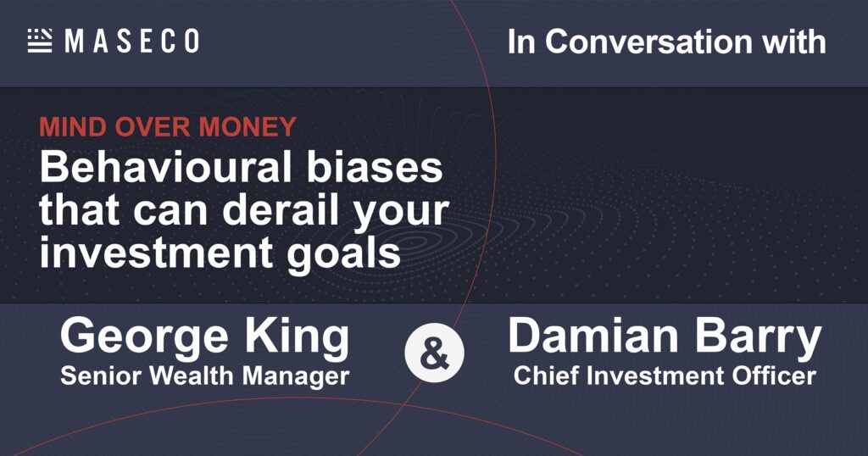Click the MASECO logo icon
tap(40, 41)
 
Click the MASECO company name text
tap(131, 42)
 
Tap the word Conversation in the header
tap(648, 42)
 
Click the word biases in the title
tap(375, 167)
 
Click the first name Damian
tap(593, 336)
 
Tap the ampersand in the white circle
tap(435, 354)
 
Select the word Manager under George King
tap(296, 377)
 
